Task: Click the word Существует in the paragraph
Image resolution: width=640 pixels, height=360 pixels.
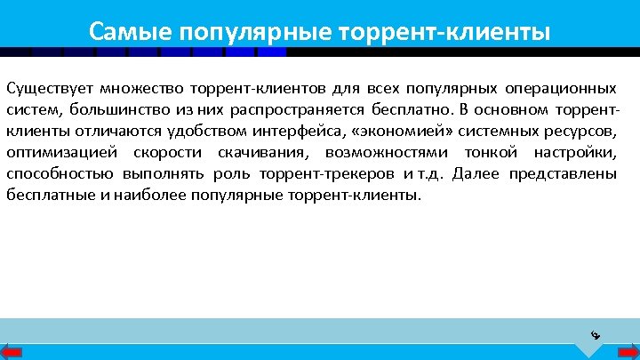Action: click(49, 89)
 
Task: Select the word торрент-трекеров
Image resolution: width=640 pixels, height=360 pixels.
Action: click(323, 173)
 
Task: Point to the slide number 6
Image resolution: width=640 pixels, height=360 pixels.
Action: click(596, 335)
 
